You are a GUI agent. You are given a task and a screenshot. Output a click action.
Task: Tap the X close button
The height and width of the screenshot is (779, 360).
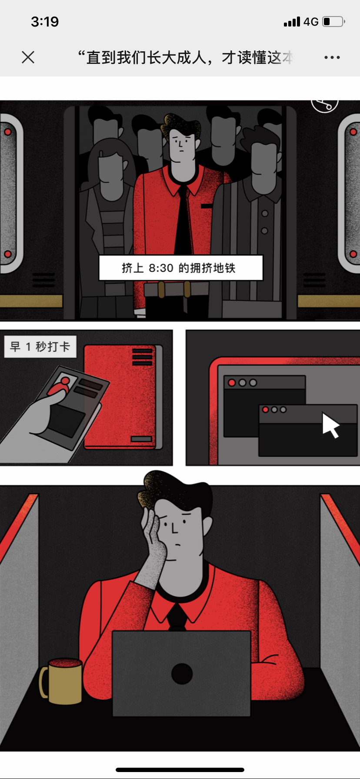pyautogui.click(x=28, y=57)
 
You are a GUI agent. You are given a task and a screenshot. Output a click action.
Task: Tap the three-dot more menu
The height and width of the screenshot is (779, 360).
pyautogui.click(x=332, y=57)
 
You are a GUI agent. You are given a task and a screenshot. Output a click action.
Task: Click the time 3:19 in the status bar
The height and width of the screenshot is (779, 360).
pyautogui.click(x=45, y=21)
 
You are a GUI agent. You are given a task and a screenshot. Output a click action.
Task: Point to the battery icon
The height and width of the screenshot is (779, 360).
pyautogui.click(x=333, y=21)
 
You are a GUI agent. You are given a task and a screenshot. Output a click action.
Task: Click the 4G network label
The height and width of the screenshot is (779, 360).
pyautogui.click(x=311, y=22)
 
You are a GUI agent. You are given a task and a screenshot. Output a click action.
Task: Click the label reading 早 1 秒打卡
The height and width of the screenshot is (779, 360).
pyautogui.click(x=40, y=346)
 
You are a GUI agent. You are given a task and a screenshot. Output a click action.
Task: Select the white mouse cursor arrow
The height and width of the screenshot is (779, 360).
pyautogui.click(x=330, y=425)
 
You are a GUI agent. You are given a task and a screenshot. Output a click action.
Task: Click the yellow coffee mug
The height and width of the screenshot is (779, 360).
pyautogui.click(x=62, y=680)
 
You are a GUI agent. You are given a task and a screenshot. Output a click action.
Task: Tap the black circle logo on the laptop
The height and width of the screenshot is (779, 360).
pyautogui.click(x=182, y=674)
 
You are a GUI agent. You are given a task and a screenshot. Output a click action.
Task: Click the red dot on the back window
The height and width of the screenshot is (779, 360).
pyautogui.click(x=232, y=383)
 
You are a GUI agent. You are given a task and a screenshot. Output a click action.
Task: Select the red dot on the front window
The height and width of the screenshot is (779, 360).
pyautogui.click(x=265, y=409)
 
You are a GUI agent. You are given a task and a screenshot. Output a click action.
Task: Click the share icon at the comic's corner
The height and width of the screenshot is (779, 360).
pyautogui.click(x=325, y=104)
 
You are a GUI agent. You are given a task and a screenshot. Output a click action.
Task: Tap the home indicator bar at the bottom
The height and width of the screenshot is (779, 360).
pyautogui.click(x=180, y=770)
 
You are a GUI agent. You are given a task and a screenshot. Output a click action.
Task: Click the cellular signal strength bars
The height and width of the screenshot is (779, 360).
pyautogui.click(x=292, y=22)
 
